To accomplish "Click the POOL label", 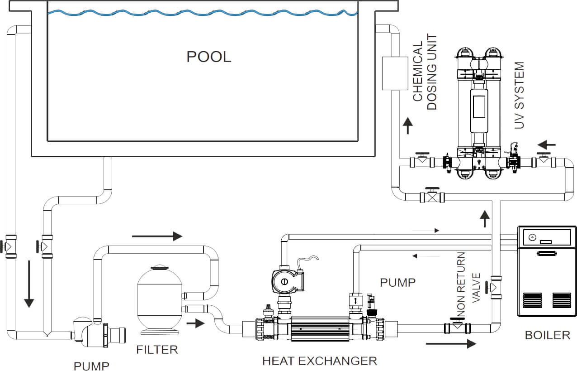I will click(x=208, y=57).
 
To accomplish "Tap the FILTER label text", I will click(x=157, y=349).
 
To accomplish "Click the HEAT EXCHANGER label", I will click(x=319, y=361).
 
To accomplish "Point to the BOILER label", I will click(x=547, y=335).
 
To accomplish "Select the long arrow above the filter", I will click(x=156, y=236).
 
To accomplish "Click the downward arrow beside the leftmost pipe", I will click(x=29, y=284).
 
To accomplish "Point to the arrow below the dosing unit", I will click(x=408, y=125).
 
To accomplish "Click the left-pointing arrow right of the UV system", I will click(x=547, y=145).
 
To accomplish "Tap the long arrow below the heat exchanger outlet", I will click(x=450, y=343).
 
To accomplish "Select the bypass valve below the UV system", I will click(x=432, y=196).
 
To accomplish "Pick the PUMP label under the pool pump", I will click(x=91, y=365).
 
